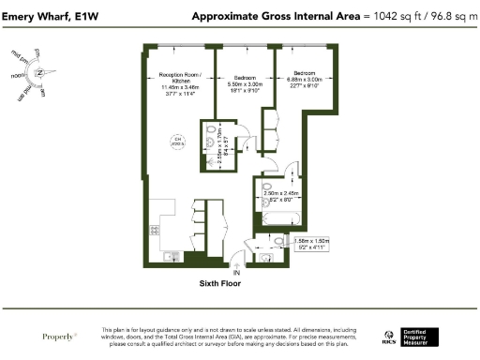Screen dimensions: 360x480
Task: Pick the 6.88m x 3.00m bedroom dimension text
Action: pyautogui.click(x=307, y=78)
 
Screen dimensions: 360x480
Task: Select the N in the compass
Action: pyautogui.click(x=40, y=74)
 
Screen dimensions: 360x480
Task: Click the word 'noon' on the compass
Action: pyautogui.click(x=17, y=75)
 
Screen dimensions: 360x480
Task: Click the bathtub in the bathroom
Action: pyautogui.click(x=278, y=220)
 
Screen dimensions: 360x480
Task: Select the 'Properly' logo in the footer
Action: pyautogui.click(x=60, y=335)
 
